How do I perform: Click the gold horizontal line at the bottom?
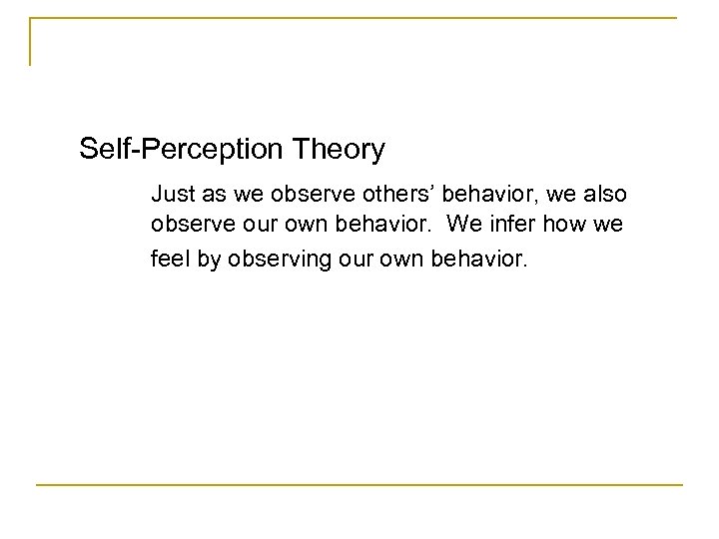[x=359, y=485]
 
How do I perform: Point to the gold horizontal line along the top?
[x=359, y=17]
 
